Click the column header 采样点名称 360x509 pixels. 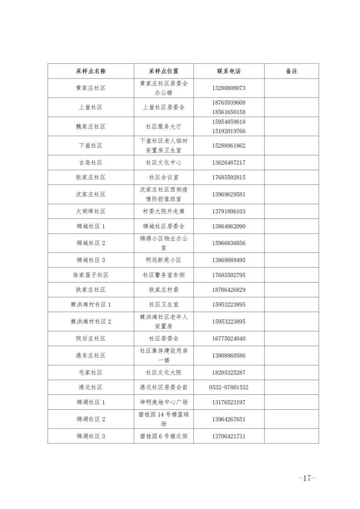(x=91, y=71)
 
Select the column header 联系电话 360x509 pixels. (x=229, y=71)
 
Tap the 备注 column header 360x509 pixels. (x=291, y=71)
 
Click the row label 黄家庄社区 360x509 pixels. (x=91, y=88)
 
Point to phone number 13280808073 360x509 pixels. (x=229, y=88)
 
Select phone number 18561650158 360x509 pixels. (x=229, y=112)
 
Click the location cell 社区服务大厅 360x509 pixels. (x=163, y=127)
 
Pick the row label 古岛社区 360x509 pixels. (x=91, y=163)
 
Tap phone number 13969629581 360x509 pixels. (x=229, y=195)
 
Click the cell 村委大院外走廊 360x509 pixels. (x=163, y=212)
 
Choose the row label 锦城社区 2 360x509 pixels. (x=91, y=243)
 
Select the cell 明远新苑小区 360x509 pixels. (x=163, y=260)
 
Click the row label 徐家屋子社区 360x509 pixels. (x=91, y=275)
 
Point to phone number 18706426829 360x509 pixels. (x=229, y=290)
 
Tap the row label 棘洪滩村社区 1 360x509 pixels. (x=91, y=305)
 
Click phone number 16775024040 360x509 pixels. (x=229, y=339)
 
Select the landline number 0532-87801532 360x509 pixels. (x=229, y=387)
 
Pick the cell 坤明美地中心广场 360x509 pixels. (x=163, y=402)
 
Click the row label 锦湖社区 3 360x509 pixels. (x=91, y=436)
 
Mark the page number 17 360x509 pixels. (x=307, y=478)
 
